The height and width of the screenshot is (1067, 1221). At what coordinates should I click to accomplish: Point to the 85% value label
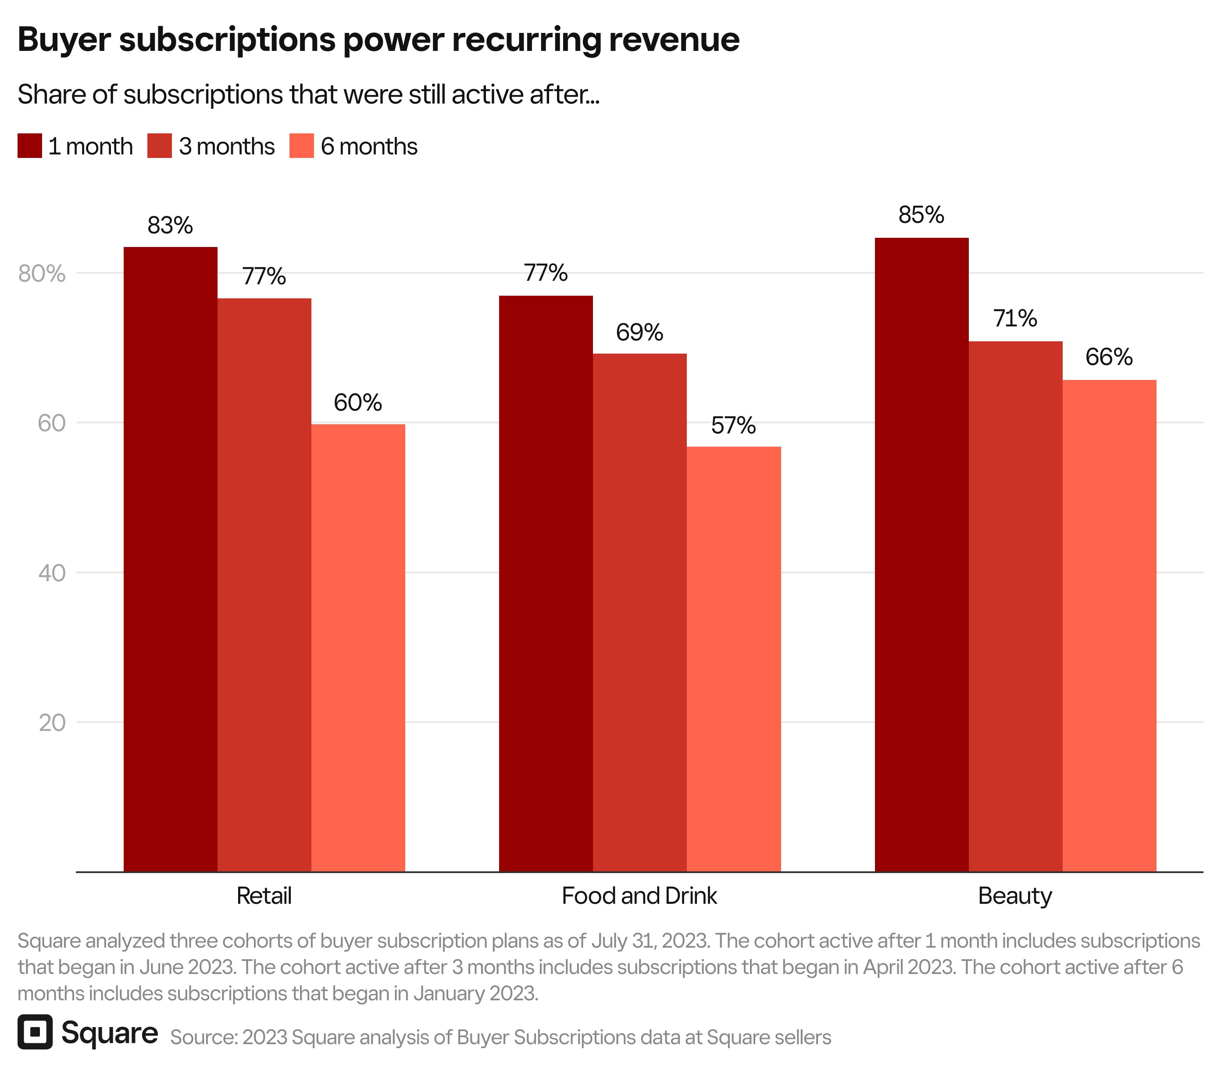(921, 215)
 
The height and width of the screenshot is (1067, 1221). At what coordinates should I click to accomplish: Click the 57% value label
(733, 425)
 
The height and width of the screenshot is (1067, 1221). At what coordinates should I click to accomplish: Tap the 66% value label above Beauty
(1108, 357)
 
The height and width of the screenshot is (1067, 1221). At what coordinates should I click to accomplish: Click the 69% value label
(639, 332)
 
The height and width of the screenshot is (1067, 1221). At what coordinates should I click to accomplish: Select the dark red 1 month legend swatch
(30, 146)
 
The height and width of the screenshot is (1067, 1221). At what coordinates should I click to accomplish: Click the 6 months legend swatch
(301, 146)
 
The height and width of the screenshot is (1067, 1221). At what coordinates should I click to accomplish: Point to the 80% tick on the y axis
(42, 274)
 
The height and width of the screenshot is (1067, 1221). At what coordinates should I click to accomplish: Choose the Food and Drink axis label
(639, 895)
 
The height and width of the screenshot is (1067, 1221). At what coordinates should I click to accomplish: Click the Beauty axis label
(1015, 895)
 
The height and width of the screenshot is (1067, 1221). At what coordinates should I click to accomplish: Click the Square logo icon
(35, 1031)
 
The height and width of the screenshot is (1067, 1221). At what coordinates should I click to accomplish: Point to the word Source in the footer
(203, 1037)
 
